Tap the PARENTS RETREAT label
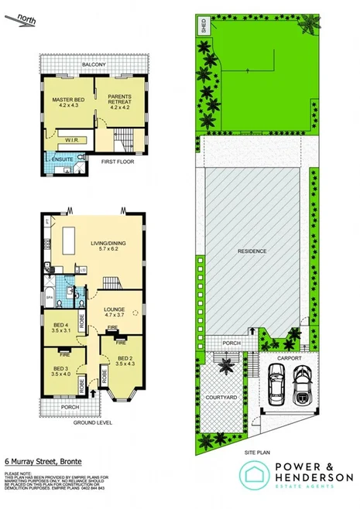coord(117,99)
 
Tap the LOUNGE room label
coord(115,311)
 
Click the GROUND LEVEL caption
coord(93,422)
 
